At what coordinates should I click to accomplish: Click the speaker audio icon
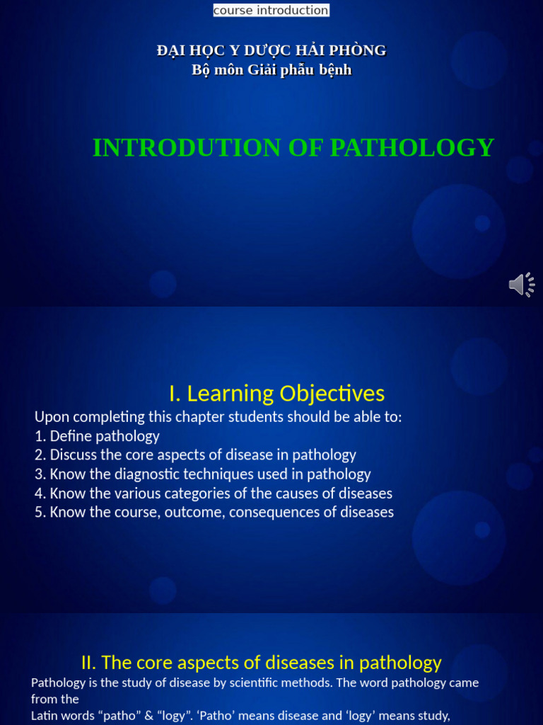(521, 285)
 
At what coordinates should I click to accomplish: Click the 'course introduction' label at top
(271, 10)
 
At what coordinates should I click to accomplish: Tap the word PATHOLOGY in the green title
(411, 147)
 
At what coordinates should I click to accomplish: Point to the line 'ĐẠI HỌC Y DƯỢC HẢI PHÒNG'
(271, 50)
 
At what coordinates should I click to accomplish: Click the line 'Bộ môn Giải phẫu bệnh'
(271, 69)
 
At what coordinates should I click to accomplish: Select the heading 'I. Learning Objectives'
(276, 393)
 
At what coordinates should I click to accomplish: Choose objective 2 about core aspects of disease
(196, 455)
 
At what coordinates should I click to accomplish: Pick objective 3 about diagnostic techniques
(203, 474)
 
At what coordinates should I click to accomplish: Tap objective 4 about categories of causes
(214, 493)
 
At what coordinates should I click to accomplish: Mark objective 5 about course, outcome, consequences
(214, 512)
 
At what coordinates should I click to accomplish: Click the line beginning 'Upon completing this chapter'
(218, 417)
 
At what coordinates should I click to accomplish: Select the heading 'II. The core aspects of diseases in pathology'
(262, 663)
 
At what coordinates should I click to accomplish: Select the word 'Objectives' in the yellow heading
(332, 393)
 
